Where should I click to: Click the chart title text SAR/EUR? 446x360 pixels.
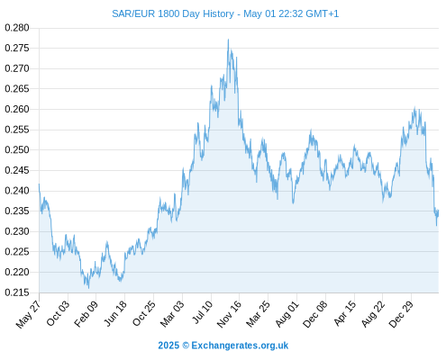coord(133,13)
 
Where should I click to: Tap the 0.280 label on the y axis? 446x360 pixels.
coord(17,28)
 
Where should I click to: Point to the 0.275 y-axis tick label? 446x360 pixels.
coord(17,48)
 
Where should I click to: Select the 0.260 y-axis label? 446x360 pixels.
coord(17,109)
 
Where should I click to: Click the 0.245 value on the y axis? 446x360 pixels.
coord(17,170)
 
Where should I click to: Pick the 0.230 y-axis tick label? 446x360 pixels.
coord(17,231)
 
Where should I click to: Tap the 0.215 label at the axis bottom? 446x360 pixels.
coord(17,292)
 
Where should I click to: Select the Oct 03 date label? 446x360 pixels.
coord(58,313)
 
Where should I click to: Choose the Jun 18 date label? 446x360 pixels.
coord(115,313)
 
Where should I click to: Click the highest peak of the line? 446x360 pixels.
coord(228,40)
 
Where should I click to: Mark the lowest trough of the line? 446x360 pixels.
coord(88,288)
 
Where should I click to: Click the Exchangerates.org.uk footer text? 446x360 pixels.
coord(240,346)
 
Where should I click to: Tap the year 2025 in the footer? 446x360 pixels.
coord(168,346)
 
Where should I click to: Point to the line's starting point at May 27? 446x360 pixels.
coord(39,184)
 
